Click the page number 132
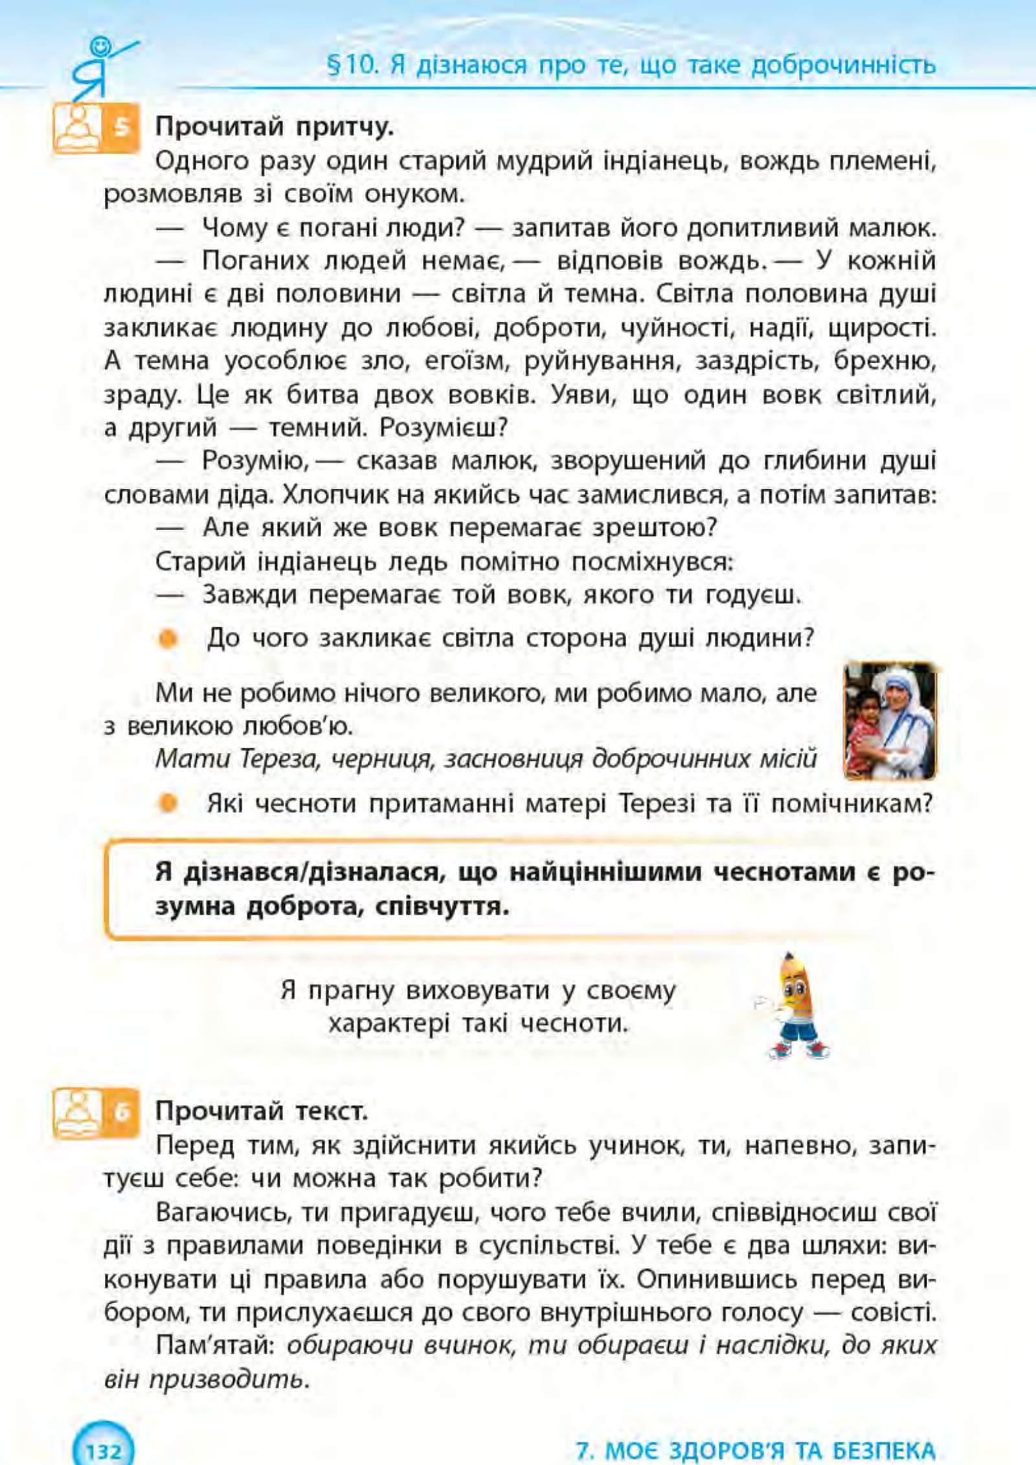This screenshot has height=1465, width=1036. click(104, 1449)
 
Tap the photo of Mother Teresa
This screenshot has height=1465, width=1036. click(890, 721)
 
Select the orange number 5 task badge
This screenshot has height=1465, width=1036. click(121, 128)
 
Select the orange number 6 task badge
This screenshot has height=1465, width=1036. click(121, 1111)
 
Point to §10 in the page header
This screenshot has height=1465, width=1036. click(352, 65)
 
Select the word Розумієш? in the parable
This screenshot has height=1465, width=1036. click(444, 427)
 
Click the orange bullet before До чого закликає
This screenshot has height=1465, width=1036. click(168, 639)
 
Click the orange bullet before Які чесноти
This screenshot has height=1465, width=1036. click(168, 803)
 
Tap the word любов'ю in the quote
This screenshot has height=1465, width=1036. click(298, 726)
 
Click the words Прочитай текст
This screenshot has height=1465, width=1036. click(262, 1111)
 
